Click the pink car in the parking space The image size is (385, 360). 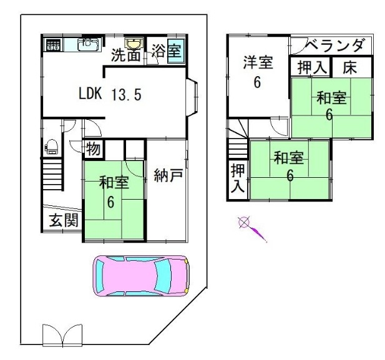click(x=141, y=276)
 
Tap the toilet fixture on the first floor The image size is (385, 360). click(x=51, y=147)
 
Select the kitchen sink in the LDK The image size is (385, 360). click(x=89, y=44)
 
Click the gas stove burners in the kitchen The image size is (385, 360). click(x=53, y=45)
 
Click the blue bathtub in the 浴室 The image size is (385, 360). click(x=176, y=51)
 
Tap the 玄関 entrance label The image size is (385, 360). click(x=64, y=220)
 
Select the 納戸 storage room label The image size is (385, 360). click(x=168, y=175)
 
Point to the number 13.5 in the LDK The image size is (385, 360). click(x=127, y=95)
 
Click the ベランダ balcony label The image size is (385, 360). click(x=335, y=46)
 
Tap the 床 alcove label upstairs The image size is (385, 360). click(x=350, y=67)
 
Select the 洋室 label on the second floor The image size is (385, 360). click(x=258, y=62)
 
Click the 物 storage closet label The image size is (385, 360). click(x=93, y=149)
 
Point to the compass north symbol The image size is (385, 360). click(x=244, y=223)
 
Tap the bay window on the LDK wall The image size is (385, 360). click(x=192, y=97)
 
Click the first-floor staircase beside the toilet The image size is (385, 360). click(x=52, y=174)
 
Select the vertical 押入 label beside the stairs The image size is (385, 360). click(x=238, y=178)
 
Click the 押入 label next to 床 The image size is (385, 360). click(x=312, y=67)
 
